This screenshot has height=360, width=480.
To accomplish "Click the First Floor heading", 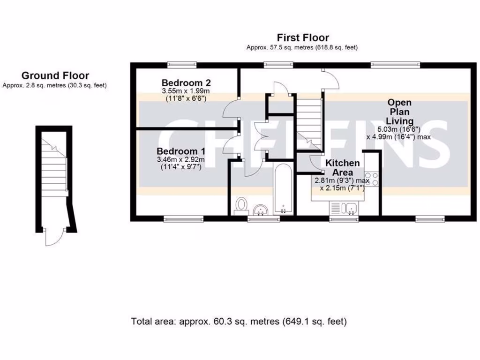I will pos(303,37).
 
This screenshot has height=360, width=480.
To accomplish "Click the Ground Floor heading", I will pos(55,75).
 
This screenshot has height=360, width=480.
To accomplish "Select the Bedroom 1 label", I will pos(181,151).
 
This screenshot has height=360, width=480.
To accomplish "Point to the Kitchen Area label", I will pos(343,167).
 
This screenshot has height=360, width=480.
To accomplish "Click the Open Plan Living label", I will pos(399,112).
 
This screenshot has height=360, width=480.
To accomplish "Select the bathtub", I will pos(284,190).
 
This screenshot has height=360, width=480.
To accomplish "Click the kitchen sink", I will pos(345,207).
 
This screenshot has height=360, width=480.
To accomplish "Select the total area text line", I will pos(239,322).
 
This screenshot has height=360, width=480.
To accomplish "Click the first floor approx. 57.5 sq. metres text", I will pos(303,47).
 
